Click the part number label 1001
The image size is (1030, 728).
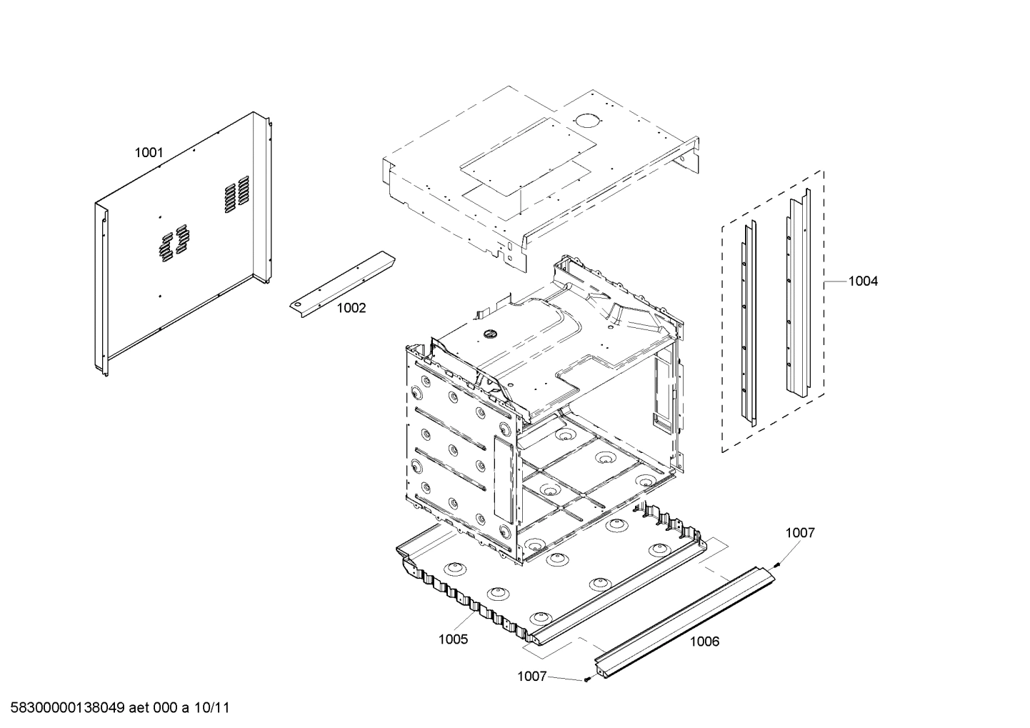click(x=149, y=152)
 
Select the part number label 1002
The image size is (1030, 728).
click(x=351, y=308)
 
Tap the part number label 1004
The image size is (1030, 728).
click(x=863, y=281)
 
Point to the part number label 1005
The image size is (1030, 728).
click(x=453, y=639)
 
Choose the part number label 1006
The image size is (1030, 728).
click(x=704, y=641)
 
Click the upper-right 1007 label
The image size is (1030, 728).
click(x=800, y=532)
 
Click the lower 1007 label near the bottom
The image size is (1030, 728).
click(x=531, y=676)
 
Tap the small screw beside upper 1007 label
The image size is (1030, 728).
click(x=777, y=565)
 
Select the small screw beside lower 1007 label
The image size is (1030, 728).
click(x=586, y=679)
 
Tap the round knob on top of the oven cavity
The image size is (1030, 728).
click(x=489, y=332)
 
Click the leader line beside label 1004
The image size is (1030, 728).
click(x=835, y=281)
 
